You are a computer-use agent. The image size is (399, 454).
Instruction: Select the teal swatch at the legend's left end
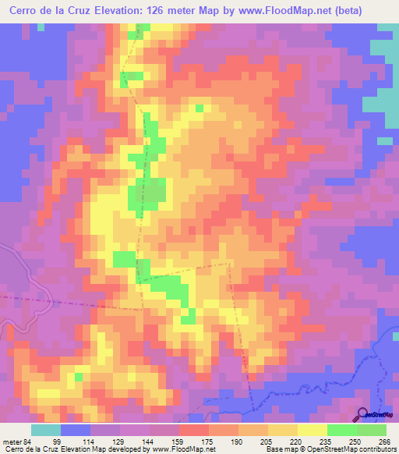46,430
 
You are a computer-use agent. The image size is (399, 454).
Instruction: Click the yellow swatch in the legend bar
312,430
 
